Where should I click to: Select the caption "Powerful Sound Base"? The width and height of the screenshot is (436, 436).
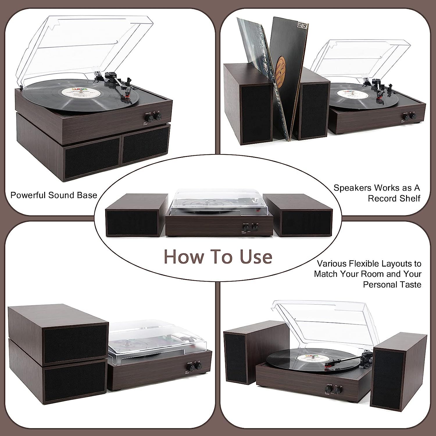click(54, 195)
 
